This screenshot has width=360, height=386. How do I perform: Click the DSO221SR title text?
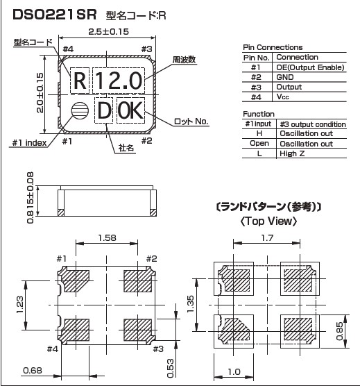pos(55,15)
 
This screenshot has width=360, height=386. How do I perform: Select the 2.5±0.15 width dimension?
pos(108,32)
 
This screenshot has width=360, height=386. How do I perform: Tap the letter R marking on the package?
pos(80,81)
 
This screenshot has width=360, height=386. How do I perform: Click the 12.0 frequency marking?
pos(119,81)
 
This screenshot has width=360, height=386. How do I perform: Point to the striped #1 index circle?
pos(80,110)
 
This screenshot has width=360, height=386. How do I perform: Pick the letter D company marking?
pos(104,110)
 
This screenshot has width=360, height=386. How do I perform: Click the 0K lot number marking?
pos(130,110)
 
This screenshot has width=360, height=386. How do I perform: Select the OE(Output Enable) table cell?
pos(310,67)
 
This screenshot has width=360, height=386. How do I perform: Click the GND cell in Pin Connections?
pos(285,77)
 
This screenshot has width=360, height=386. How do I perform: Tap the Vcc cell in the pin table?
pos(282,96)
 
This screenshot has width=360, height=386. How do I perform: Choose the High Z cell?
pos(292,153)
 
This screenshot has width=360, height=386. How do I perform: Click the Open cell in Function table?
pos(259,144)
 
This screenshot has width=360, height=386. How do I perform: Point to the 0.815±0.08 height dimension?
pos(31,198)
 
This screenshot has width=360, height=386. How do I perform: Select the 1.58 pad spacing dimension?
pos(107,238)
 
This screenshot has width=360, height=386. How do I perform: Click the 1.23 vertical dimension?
pos(19,305)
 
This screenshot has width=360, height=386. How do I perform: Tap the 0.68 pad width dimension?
pos(33,370)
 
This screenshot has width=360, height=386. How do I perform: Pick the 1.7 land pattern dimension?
pos(267,238)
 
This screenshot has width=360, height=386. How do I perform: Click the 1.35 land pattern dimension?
pos(191,304)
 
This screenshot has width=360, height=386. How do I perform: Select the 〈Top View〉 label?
pos(268,221)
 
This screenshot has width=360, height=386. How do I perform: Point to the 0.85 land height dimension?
pos(339,331)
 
